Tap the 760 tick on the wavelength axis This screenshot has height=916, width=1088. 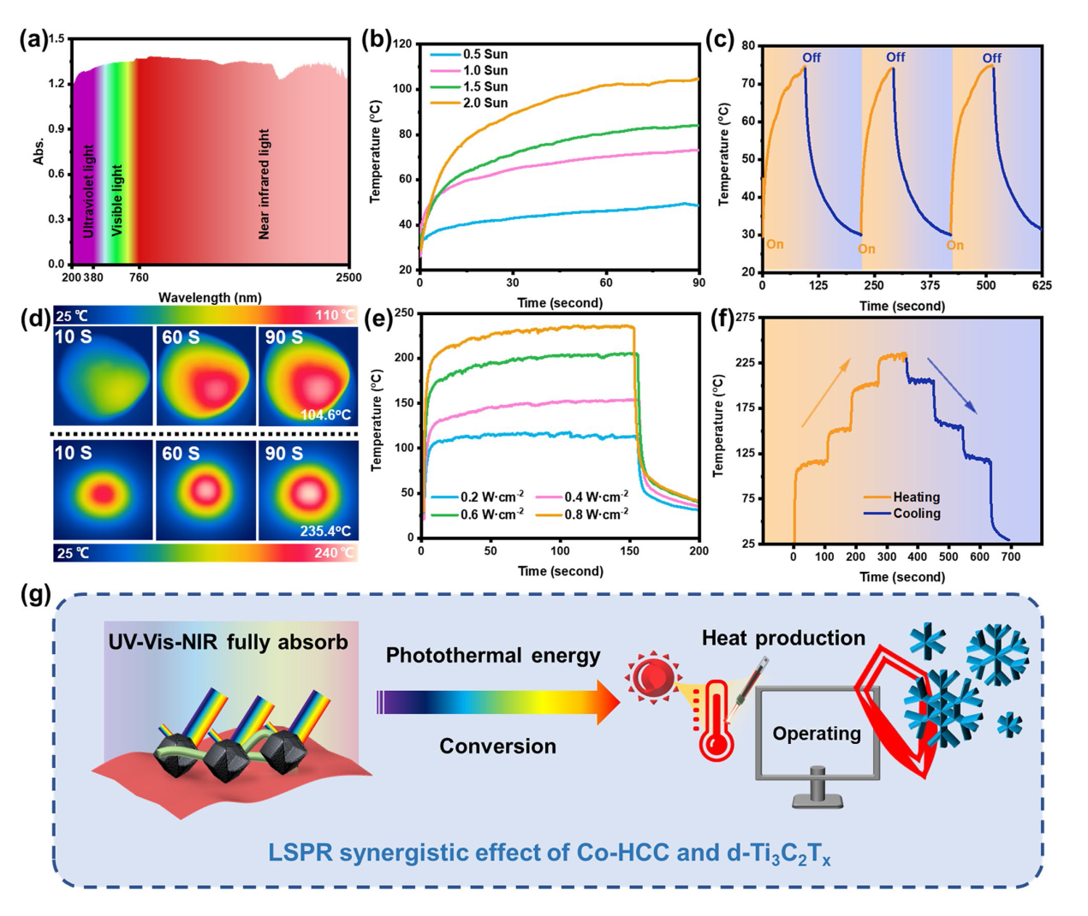tap(139, 277)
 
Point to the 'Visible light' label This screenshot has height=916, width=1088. tap(117, 200)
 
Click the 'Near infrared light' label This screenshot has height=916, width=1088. tap(264, 184)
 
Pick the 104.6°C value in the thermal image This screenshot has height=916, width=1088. tap(325, 415)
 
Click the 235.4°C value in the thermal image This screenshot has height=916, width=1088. tap(325, 531)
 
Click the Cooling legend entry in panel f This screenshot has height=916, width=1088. tap(916, 514)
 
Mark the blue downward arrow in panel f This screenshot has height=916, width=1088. tap(951, 385)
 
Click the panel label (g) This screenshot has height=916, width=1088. tap(35, 593)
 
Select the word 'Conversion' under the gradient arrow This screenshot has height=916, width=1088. tap(497, 746)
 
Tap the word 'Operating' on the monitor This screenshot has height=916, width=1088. tap(817, 734)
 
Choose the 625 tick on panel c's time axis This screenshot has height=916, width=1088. tap(1042, 285)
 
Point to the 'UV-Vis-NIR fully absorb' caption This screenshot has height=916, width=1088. tap(228, 642)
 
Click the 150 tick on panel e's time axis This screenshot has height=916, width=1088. tap(629, 550)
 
